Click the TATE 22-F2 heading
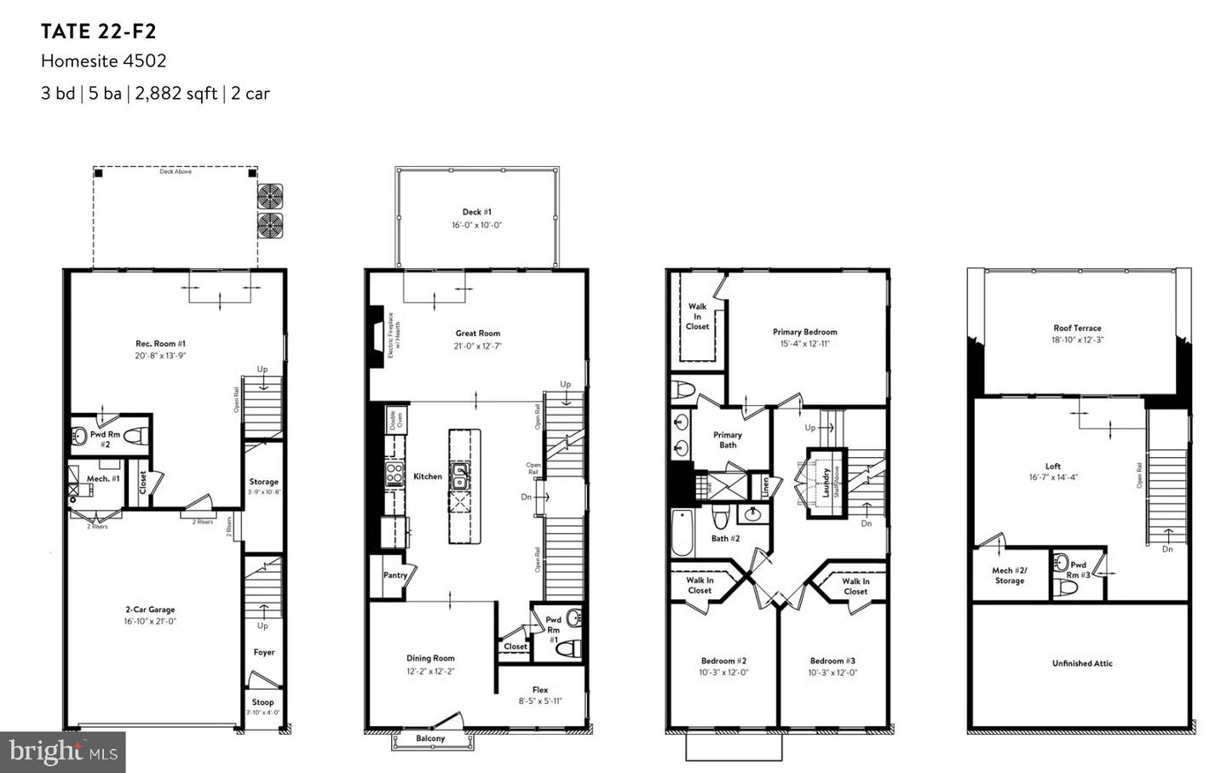click(x=99, y=32)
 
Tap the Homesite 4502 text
click(x=103, y=61)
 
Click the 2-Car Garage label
click(x=150, y=610)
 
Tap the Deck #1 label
click(x=476, y=212)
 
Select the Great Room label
click(x=477, y=334)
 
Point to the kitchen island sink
click(x=459, y=476)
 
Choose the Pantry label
click(x=395, y=575)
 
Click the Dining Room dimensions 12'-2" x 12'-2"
click(x=430, y=671)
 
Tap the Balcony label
click(x=430, y=739)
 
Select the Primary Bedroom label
click(x=804, y=332)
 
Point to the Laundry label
click(x=826, y=482)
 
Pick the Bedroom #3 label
click(x=832, y=661)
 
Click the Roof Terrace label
click(x=1077, y=328)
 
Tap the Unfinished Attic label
click(x=1082, y=663)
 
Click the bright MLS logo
click(x=62, y=752)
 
